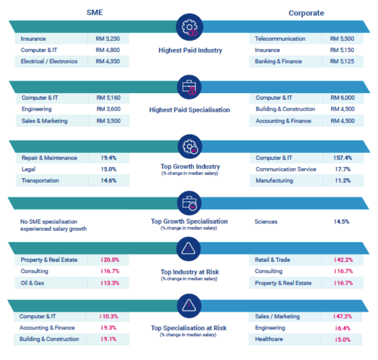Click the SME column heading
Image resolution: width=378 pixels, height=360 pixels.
pos(94,12)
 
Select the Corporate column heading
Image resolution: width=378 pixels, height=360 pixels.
pos(306,13)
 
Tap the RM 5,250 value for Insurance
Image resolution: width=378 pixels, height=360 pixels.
pos(108,39)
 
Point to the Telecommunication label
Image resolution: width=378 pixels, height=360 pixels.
pos(280,39)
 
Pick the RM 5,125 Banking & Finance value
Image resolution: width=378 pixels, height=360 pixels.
pos(342,61)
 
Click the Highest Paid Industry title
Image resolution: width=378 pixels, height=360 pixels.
pos(190,50)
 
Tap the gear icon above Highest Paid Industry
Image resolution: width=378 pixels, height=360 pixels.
pos(189,27)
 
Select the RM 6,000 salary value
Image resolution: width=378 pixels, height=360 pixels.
pos(342,97)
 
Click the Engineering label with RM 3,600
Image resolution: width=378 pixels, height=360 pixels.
pos(36,109)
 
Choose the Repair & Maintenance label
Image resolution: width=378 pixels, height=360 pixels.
pos(49,158)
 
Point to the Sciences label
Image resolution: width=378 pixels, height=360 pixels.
pos(266,221)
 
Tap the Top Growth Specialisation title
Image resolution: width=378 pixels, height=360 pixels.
pos(189,221)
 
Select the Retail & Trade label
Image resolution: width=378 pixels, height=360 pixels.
pos(272,260)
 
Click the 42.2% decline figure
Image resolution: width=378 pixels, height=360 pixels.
pos(342,260)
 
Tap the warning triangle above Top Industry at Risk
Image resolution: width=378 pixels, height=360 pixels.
pos(189,248)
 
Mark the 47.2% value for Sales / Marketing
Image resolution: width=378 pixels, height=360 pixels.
pos(342,316)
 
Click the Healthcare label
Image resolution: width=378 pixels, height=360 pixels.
pos(269,339)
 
